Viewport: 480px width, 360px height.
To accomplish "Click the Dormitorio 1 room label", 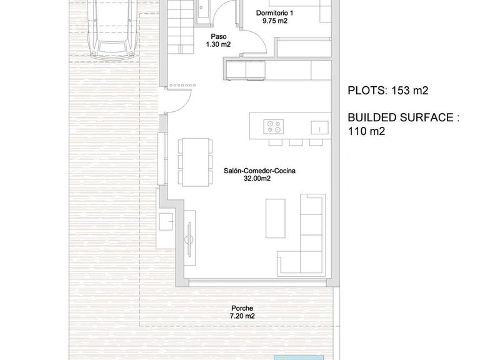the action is [x=274, y=13].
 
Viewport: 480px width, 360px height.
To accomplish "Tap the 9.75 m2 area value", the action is [x=274, y=21].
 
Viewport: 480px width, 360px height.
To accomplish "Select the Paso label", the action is [x=219, y=36].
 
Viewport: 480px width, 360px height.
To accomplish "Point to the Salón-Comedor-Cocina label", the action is [x=259, y=171].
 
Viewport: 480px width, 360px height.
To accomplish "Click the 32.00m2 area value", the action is [x=257, y=179].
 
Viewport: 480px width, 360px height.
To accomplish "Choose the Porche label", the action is [x=242, y=308].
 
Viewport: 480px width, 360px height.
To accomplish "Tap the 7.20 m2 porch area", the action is [x=242, y=316].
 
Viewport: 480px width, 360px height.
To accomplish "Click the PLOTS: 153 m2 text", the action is [x=388, y=91].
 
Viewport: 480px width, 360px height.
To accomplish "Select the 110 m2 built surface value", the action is [x=366, y=131].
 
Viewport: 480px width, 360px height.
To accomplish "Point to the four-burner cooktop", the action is [x=274, y=127].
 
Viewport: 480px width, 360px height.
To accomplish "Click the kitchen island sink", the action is [x=319, y=127].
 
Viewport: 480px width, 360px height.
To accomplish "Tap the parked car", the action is [x=113, y=30].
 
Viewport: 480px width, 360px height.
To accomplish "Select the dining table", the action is [x=195, y=162].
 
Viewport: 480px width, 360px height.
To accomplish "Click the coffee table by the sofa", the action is [x=275, y=218].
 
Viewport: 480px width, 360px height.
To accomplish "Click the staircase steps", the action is [x=181, y=27].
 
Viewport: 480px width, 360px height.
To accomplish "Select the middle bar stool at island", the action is [x=296, y=142].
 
